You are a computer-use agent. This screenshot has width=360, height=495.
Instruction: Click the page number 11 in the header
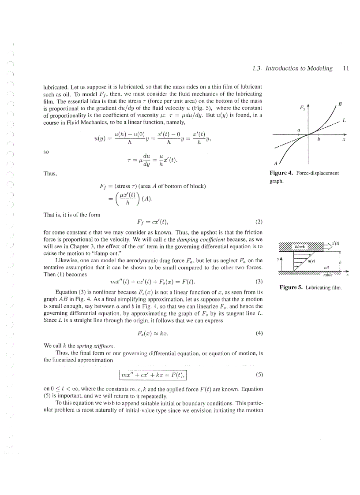click(345, 68)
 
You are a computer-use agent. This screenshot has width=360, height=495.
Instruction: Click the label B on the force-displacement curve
click(340, 104)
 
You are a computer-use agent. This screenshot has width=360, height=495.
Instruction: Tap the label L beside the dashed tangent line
click(344, 120)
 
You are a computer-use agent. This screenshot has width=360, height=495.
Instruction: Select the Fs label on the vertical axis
click(302, 107)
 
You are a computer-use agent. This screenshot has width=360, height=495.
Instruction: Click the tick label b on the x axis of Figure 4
click(319, 139)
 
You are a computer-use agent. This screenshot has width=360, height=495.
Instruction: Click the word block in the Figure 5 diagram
click(300, 246)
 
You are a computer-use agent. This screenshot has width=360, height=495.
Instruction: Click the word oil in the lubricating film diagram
click(326, 267)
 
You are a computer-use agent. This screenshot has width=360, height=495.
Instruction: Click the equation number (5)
click(259, 375)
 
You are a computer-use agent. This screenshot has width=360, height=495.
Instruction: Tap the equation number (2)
click(259, 221)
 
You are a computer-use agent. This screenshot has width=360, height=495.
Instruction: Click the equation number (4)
click(259, 333)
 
